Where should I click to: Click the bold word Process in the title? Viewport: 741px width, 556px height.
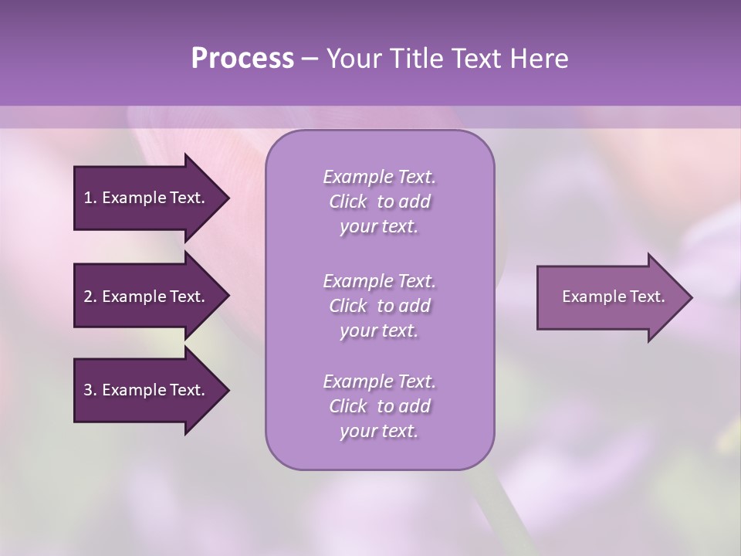[242, 59]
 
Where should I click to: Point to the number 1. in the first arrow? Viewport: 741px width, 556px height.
[90, 198]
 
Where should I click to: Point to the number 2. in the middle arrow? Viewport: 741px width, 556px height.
[90, 297]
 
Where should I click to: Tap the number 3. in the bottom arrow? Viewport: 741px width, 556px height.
[90, 390]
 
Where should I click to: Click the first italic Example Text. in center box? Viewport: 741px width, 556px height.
[379, 177]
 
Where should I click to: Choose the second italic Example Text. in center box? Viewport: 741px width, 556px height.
[379, 281]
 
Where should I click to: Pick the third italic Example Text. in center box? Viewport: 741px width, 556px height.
[379, 381]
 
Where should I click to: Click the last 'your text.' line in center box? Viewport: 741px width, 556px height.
[379, 431]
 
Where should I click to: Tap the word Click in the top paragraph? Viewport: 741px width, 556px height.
[347, 202]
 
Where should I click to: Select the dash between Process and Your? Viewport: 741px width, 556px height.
[310, 59]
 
